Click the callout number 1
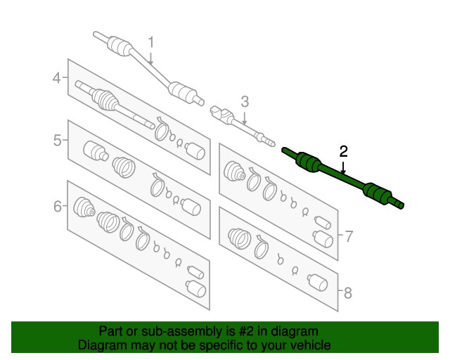point(150,43)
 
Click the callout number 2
point(343,150)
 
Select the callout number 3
point(245,101)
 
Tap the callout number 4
point(58,79)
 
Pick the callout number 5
point(58,141)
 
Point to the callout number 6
point(58,206)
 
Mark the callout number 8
point(348,290)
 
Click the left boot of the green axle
point(308,162)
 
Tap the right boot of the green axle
point(375,192)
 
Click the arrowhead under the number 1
point(150,63)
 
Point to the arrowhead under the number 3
point(245,122)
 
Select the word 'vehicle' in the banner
point(309,345)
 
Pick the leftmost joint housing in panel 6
point(84,207)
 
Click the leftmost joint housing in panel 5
point(94,151)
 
